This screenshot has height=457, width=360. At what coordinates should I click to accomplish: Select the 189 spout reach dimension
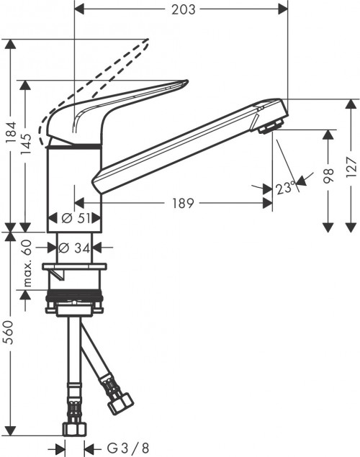tap(183, 204)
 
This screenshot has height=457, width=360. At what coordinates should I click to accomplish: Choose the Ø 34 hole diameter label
tap(73, 248)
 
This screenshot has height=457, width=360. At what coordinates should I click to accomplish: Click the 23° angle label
tap(285, 189)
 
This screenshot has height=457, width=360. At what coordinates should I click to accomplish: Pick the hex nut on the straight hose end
tap(74, 429)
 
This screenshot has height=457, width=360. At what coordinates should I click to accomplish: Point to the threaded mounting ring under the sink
tap(74, 300)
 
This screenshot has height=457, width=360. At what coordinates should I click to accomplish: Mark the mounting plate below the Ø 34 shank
tap(74, 270)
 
